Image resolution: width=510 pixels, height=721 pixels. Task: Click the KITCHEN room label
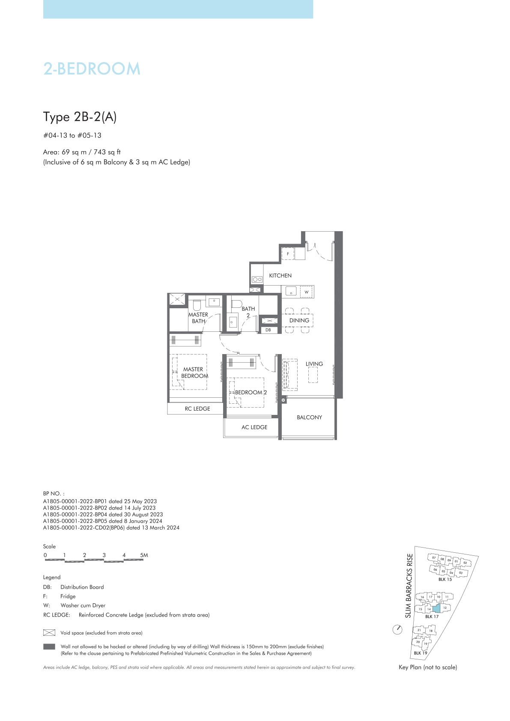click(280, 276)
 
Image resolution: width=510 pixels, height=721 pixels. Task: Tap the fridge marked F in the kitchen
click(288, 253)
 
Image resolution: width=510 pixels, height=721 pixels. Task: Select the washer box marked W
click(306, 292)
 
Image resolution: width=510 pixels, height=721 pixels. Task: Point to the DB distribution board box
click(268, 330)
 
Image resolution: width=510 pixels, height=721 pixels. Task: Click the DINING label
click(299, 320)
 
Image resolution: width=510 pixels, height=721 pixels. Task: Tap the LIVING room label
click(314, 364)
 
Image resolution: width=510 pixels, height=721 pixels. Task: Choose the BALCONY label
click(310, 417)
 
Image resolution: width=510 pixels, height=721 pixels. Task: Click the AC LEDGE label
click(254, 427)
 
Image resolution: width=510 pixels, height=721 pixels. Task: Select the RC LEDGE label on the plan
click(197, 408)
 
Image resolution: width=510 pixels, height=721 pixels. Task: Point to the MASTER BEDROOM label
click(194, 372)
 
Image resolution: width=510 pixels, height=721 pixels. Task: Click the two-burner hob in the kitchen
click(257, 280)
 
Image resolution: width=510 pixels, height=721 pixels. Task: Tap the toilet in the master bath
click(197, 305)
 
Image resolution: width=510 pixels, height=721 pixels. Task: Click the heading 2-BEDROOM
click(92, 69)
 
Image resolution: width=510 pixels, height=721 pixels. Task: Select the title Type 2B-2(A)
click(80, 117)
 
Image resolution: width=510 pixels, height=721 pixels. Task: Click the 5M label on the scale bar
click(144, 555)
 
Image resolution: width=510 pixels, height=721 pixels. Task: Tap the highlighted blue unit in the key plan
click(436, 608)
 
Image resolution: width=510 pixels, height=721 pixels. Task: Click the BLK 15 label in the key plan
click(445, 579)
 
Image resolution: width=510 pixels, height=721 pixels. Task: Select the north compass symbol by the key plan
click(398, 629)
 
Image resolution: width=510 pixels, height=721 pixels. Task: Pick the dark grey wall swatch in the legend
click(49, 647)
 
